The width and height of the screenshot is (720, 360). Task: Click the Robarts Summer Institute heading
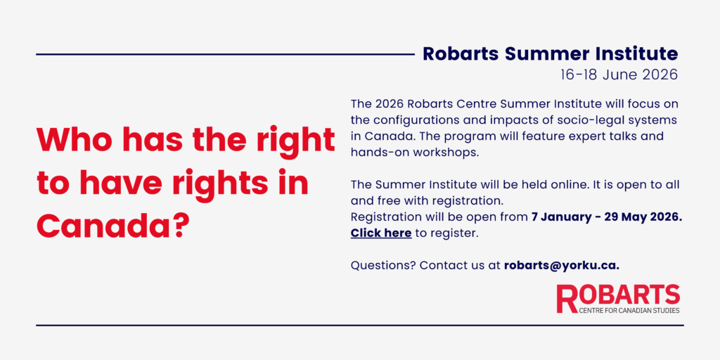click(550, 53)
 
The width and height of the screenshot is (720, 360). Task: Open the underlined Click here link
click(380, 233)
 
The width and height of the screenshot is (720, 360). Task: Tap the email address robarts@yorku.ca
click(561, 265)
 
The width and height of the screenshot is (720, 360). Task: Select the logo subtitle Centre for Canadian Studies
click(629, 310)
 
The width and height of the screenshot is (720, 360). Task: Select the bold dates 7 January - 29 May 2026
click(606, 217)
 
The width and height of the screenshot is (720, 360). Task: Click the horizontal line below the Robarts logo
click(359, 325)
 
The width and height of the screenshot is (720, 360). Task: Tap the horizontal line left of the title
click(225, 54)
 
